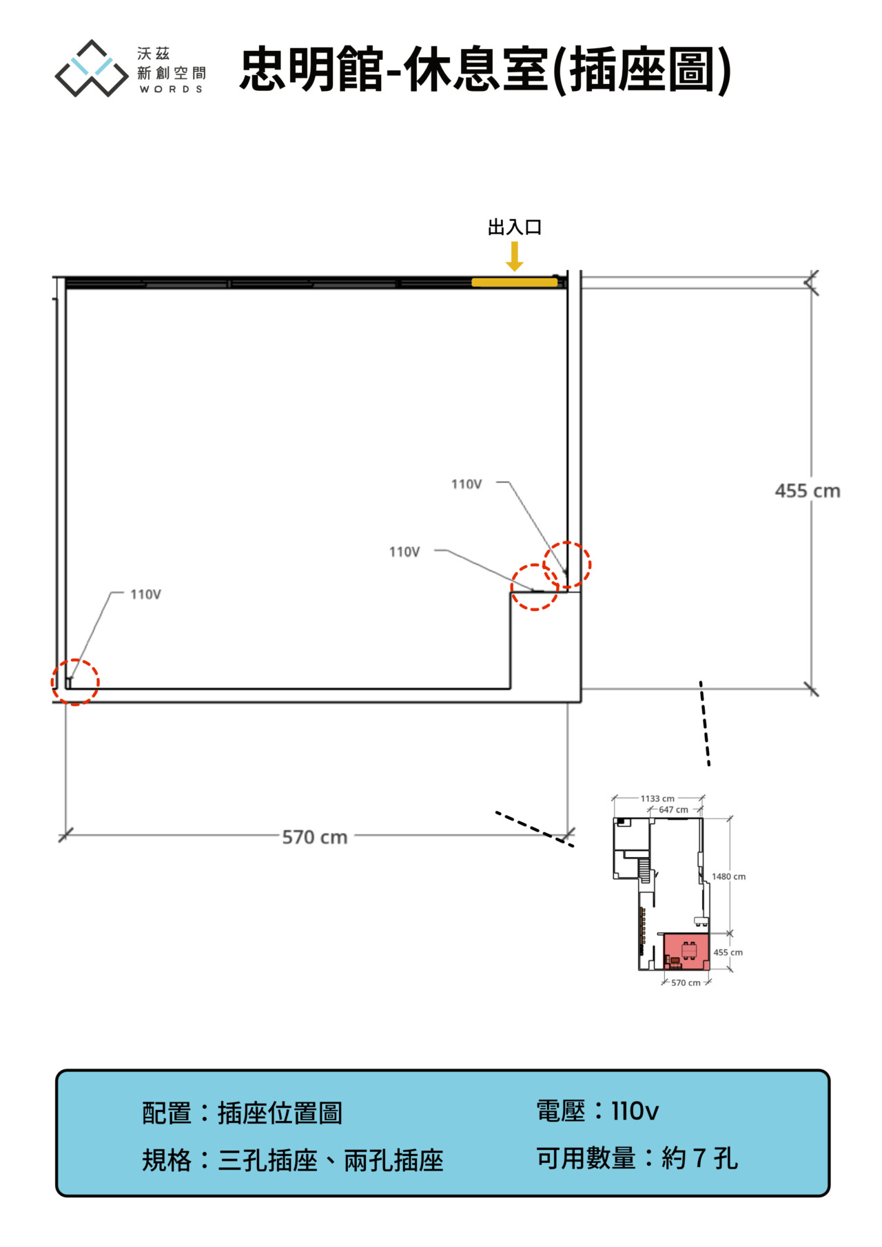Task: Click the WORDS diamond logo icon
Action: (92, 68)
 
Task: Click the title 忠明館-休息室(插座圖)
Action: (485, 70)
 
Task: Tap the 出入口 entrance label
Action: (515, 227)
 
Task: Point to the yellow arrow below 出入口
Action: (515, 256)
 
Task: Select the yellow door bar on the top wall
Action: (514, 282)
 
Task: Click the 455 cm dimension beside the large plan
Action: (808, 491)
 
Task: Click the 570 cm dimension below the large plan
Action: (315, 837)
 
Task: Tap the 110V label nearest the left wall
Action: (145, 595)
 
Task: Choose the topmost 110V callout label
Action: (466, 484)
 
